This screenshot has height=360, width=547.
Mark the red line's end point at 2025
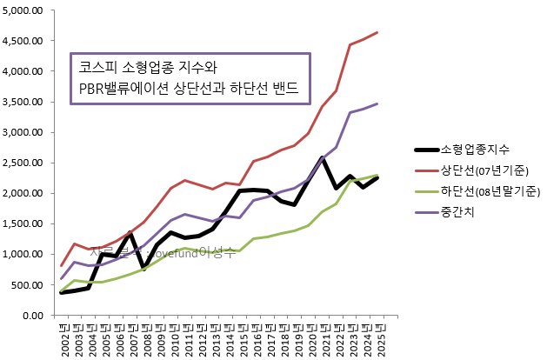pyautogui.click(x=377, y=32)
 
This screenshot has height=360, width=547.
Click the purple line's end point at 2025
pyautogui.click(x=377, y=103)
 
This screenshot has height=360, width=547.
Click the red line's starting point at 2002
pyautogui.click(x=62, y=265)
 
